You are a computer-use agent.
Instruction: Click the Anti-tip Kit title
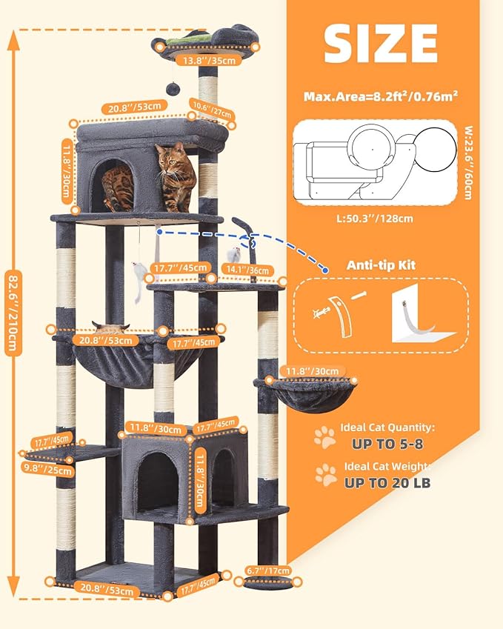(381, 264)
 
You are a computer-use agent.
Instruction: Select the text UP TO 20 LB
(387, 483)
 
